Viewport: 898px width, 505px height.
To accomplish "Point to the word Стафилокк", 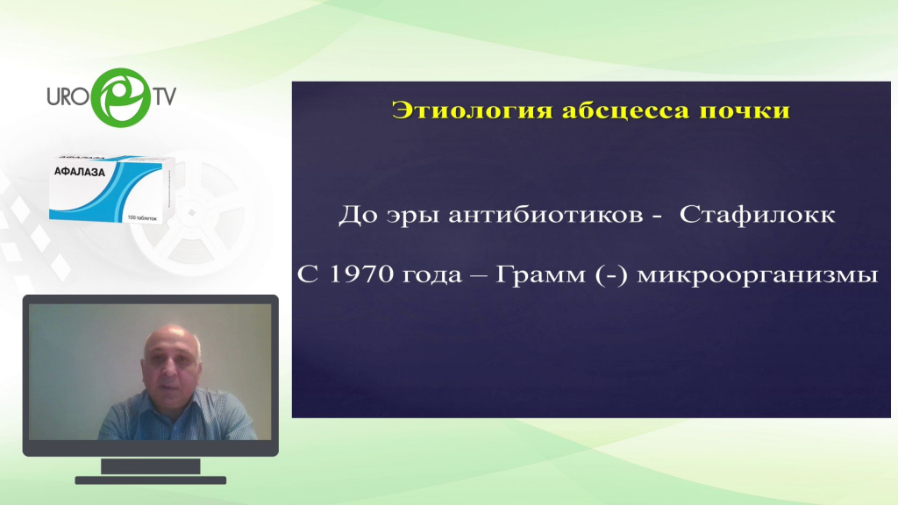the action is [757, 216].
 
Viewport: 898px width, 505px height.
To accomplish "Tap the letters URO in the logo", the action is [68, 96].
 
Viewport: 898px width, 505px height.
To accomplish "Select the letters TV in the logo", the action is [164, 96].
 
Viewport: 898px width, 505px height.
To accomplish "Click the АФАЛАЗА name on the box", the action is [80, 172].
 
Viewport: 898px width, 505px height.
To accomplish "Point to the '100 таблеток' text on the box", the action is [143, 218].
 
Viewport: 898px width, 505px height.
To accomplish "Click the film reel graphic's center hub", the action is [192, 213].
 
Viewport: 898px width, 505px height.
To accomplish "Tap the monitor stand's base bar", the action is [151, 480].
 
